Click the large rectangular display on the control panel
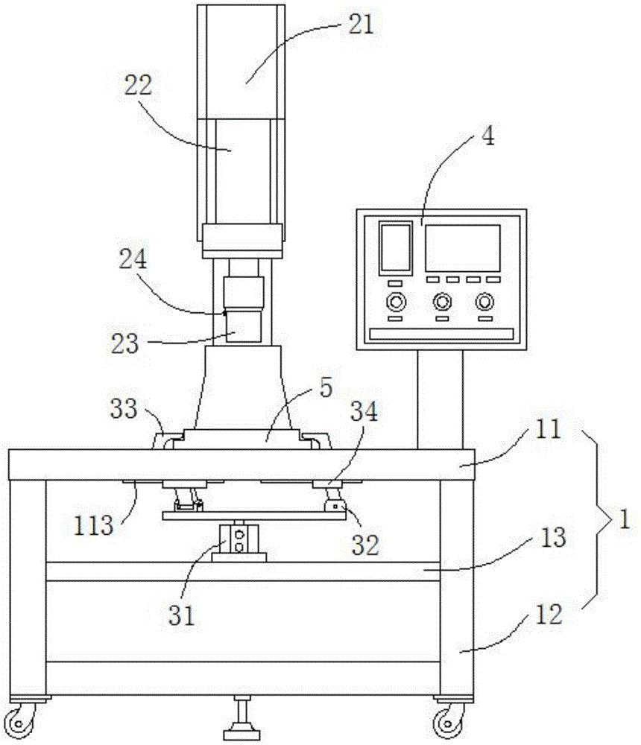(x=462, y=248)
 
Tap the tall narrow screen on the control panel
(x=395, y=247)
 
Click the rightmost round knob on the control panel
(x=486, y=302)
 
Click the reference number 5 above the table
(x=326, y=389)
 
